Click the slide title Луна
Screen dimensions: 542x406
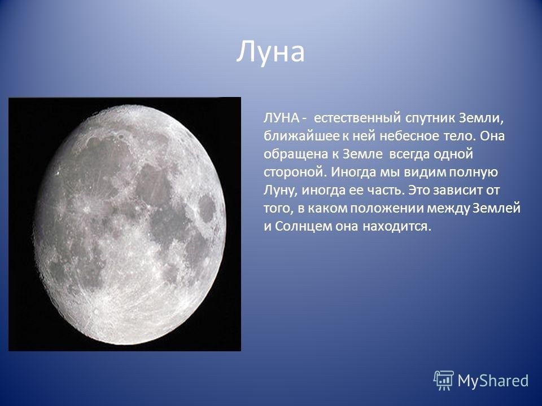click(x=270, y=52)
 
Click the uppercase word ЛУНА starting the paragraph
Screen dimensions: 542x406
click(x=281, y=118)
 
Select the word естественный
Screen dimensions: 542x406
click(x=357, y=118)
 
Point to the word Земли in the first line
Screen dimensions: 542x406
click(x=482, y=118)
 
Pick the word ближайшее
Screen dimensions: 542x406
click(x=301, y=136)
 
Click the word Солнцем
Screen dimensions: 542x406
click(x=300, y=227)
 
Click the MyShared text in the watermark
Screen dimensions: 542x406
click(x=493, y=381)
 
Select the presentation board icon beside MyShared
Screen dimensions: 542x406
click(x=444, y=381)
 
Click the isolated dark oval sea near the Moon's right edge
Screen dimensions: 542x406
click(x=207, y=209)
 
